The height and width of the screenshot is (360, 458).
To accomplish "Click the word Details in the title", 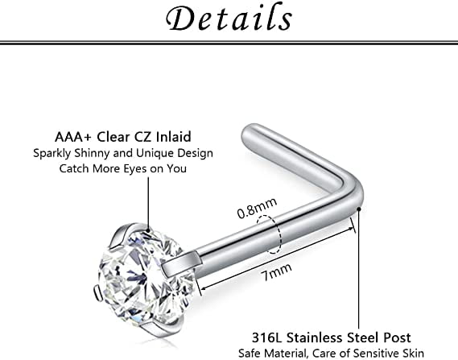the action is pos(229,18).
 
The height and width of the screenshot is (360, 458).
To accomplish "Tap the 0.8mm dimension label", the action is pos(257,208).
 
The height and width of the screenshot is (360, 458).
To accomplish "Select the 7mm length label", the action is pos(276,271).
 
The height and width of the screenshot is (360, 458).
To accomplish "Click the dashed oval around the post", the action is pos(270,234).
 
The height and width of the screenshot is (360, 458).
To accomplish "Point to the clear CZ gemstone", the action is pos(146,277).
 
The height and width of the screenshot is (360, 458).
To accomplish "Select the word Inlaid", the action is pos(173,137).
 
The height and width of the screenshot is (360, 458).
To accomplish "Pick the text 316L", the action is pos(267,337).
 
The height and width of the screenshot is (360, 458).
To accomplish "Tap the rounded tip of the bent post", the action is pos(248,134).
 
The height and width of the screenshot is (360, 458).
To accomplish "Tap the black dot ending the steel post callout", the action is pos(359,209).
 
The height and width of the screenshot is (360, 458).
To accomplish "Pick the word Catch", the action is pos(75,168).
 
